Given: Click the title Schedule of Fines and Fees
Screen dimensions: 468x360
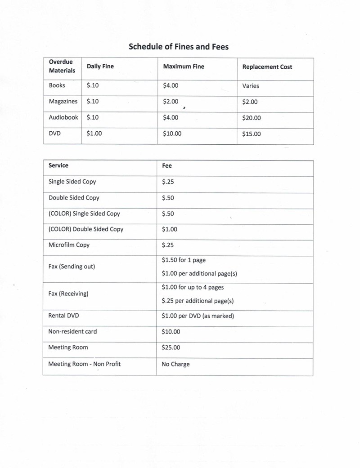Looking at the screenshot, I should click(x=179, y=46).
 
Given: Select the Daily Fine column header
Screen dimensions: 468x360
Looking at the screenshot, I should click(x=100, y=67).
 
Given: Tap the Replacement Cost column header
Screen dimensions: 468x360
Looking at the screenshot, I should click(x=267, y=67).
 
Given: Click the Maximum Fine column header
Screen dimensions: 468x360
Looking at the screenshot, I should click(x=184, y=67).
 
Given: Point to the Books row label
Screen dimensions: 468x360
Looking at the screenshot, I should click(x=57, y=85).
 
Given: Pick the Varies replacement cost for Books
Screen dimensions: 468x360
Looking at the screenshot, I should click(x=251, y=85).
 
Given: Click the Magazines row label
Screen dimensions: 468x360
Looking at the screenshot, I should click(x=63, y=102).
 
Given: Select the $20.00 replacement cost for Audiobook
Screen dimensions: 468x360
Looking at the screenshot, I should click(x=252, y=118).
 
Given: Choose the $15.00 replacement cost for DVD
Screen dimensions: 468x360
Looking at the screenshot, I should click(x=251, y=134).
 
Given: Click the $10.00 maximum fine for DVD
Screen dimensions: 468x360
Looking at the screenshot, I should click(x=172, y=134).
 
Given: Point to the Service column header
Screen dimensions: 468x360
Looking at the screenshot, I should click(x=58, y=165).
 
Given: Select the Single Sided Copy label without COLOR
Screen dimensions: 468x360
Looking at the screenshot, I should click(x=72, y=182).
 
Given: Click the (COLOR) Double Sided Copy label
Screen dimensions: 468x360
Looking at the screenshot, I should click(x=85, y=229).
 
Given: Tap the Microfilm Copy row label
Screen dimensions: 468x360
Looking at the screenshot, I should click(x=69, y=245).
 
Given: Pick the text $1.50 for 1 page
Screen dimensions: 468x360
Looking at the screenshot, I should click(x=184, y=260).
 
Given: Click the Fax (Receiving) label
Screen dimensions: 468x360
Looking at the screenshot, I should click(x=68, y=294).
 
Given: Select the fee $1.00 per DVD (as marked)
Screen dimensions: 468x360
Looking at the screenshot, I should click(x=198, y=316).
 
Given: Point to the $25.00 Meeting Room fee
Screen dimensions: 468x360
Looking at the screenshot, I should click(x=171, y=348).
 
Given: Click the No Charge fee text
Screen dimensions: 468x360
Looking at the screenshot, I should click(x=175, y=364).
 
